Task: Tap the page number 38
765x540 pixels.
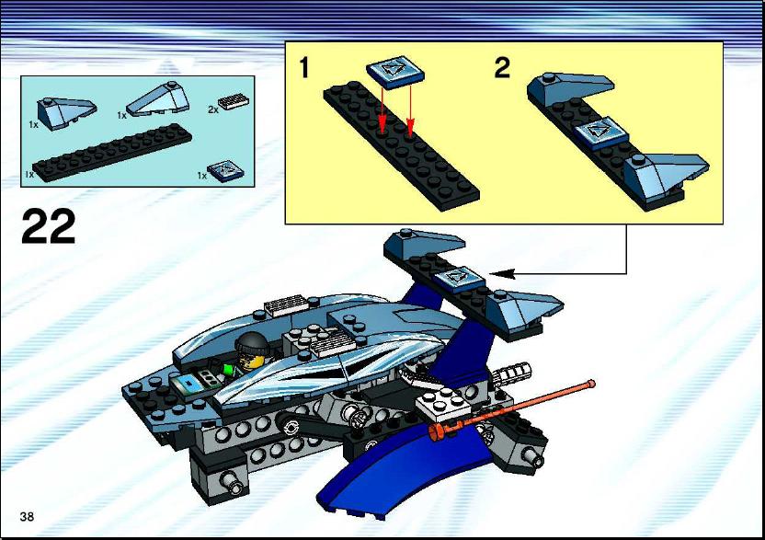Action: pos(27,517)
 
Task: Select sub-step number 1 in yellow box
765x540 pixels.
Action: pos(304,67)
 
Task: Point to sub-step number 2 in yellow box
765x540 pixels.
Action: pos(502,67)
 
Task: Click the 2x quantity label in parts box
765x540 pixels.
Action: pos(213,109)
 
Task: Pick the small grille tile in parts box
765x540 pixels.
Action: pos(235,101)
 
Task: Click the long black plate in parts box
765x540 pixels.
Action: pos(111,153)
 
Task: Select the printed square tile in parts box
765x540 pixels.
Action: pos(226,171)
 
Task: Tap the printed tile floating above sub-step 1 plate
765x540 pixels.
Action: pos(394,73)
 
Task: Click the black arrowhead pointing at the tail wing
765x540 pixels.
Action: pos(502,273)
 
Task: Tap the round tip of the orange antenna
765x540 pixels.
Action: pos(591,384)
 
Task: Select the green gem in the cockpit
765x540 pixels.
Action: pos(228,369)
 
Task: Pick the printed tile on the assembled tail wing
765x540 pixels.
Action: pos(460,280)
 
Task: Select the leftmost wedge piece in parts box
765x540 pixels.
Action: pos(66,109)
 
